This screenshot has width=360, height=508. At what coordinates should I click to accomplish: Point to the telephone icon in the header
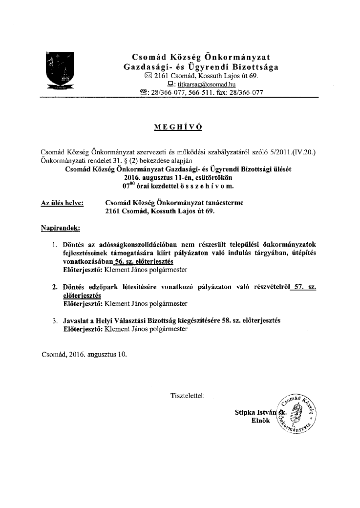(x=144, y=93)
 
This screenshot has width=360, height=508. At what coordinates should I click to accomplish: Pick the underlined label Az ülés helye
(x=62, y=203)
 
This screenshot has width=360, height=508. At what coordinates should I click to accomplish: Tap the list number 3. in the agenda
(x=55, y=320)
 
